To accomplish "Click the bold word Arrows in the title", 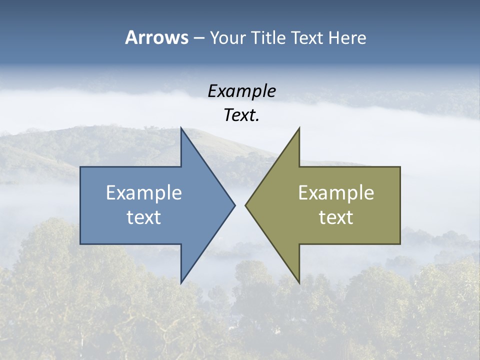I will (156, 37).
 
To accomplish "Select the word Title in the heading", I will (270, 37).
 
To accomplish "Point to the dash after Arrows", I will (198, 38).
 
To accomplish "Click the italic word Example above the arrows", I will (241, 91).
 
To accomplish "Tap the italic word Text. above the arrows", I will (241, 115).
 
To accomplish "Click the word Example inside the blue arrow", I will (144, 192).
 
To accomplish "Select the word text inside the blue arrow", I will (144, 217).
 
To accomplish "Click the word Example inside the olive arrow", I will (336, 192).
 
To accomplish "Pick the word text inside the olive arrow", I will (336, 217).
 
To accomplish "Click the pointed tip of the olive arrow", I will (246, 205).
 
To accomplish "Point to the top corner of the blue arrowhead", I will (181, 129).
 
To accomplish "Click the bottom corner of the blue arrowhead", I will (181, 282).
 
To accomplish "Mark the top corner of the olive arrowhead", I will (299, 129).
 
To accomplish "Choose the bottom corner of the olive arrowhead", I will (299, 282).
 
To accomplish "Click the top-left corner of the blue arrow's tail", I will (81, 167).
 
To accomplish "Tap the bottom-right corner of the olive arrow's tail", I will (399, 243).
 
